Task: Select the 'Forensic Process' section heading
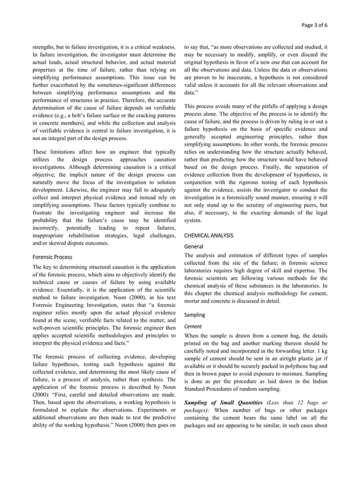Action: tap(51, 256)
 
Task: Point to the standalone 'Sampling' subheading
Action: tap(195, 314)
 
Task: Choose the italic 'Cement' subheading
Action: tap(193, 326)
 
